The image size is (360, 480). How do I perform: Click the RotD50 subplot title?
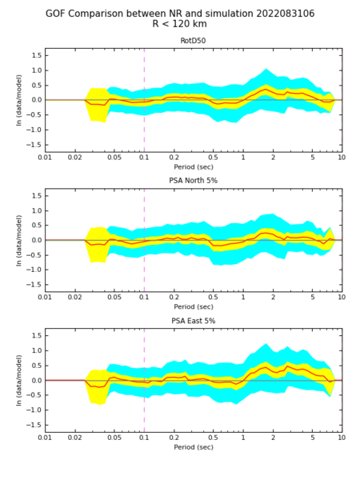tap(193, 41)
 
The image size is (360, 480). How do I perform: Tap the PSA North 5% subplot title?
tap(193, 181)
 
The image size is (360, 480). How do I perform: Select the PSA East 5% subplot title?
tap(193, 321)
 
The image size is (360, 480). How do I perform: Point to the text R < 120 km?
tap(180, 24)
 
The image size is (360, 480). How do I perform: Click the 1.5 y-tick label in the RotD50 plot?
tap(36, 55)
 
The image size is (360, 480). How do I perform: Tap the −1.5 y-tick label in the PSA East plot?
tap(34, 426)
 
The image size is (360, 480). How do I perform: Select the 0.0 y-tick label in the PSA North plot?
tap(36, 240)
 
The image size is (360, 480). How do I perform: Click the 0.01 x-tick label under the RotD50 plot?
tap(45, 158)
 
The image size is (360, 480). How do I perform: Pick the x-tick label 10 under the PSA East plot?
tap(342, 438)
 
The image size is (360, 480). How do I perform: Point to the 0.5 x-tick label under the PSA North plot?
tap(213, 298)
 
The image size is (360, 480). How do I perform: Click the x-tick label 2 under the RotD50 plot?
tap(273, 158)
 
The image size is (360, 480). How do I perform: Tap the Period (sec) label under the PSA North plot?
tap(194, 306)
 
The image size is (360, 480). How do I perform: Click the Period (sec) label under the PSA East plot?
tap(194, 447)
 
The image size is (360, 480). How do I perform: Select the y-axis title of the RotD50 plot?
tap(19, 100)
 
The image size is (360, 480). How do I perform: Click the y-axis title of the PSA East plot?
tap(19, 381)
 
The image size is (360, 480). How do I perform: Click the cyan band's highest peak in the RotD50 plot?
tap(266, 69)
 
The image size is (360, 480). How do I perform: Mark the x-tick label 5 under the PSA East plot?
tap(313, 438)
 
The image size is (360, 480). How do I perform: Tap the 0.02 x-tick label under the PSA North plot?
tap(74, 298)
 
